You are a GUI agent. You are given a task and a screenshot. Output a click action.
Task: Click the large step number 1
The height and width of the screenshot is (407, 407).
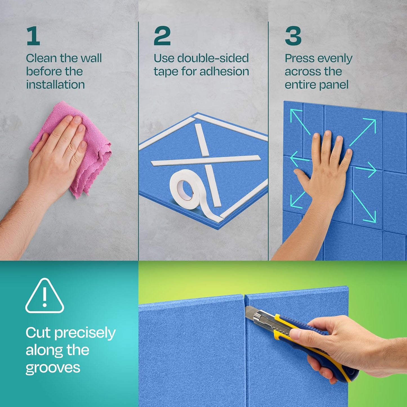[33, 36]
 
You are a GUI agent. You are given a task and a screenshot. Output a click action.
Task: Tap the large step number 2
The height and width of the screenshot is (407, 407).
[162, 36]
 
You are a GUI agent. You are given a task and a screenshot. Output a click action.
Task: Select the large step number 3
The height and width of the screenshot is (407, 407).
[293, 36]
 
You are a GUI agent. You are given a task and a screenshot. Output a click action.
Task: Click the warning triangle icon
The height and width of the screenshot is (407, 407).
[45, 296]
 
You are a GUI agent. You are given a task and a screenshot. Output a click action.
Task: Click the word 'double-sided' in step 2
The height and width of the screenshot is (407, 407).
[213, 58]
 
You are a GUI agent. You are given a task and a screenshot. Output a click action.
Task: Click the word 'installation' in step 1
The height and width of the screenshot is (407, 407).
[55, 85]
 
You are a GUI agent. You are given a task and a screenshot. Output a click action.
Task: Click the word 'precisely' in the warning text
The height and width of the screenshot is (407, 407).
[85, 333]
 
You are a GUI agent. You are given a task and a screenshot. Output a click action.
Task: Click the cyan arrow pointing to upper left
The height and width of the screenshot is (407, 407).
[300, 121]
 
